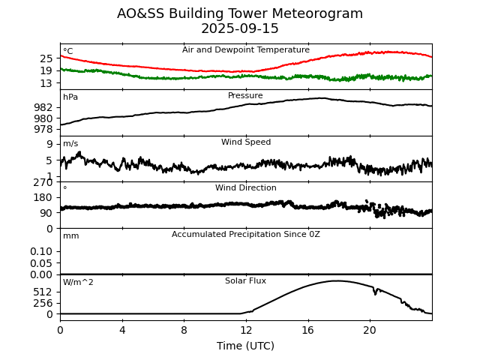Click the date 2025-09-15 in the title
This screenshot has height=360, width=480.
coord(240,29)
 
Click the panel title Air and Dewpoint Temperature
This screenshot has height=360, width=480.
coord(246,50)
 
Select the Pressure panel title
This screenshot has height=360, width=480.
coord(246,96)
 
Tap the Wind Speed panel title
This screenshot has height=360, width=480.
coord(246,142)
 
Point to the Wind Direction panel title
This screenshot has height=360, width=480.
coord(246,188)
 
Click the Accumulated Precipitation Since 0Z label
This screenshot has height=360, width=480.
coord(246,235)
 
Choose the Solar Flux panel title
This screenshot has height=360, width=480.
coord(246,281)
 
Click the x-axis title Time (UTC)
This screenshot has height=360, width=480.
coord(246,346)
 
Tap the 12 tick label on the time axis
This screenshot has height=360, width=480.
coord(246,329)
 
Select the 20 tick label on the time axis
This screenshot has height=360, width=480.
coord(370,329)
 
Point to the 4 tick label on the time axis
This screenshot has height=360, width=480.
coord(122,329)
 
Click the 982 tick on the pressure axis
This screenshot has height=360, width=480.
coord(43,107)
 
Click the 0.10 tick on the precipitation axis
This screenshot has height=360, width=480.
coord(41,251)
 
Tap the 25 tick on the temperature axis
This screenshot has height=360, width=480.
coord(46,58)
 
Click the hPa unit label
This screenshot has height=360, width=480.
coord(70,97)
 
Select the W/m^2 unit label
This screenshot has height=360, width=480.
coord(78,283)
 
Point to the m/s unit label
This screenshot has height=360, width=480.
coord(70,144)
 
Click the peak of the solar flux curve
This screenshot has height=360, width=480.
coord(336,281)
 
